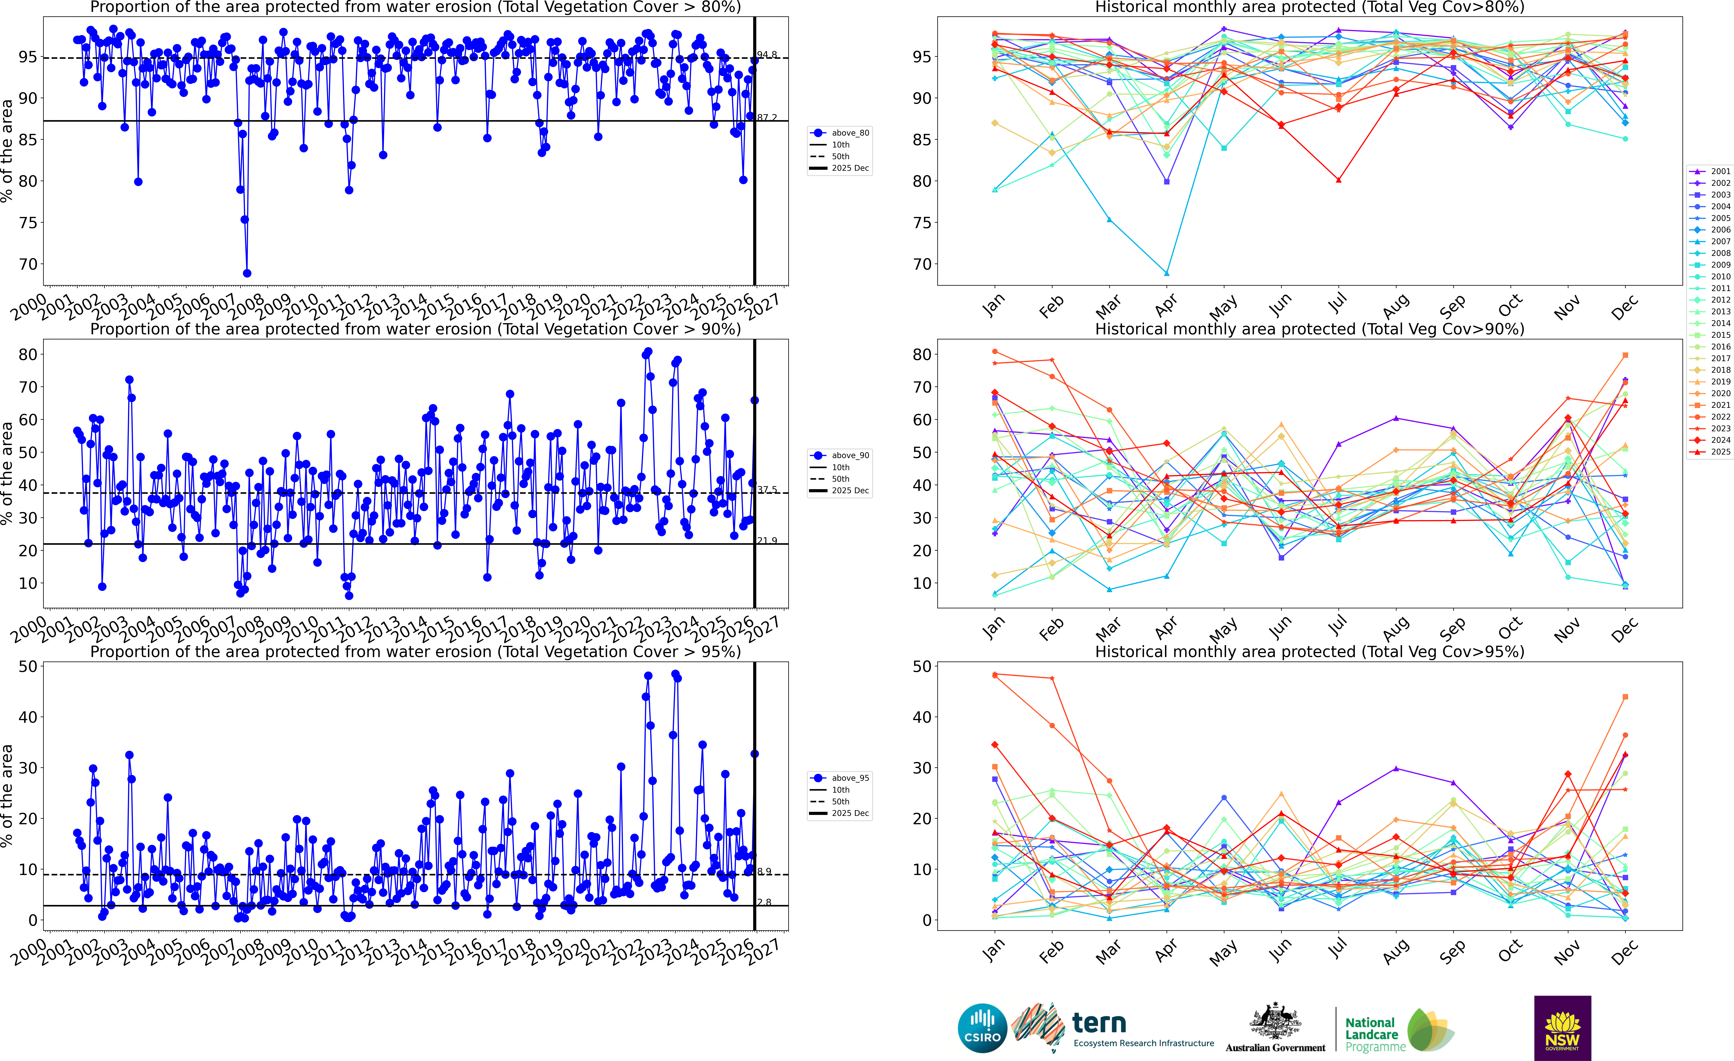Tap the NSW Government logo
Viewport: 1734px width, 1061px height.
pos(1562,1028)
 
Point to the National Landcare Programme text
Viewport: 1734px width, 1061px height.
pos(1370,1034)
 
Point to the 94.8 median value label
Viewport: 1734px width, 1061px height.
pos(767,55)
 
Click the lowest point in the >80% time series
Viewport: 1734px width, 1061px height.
pos(247,273)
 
